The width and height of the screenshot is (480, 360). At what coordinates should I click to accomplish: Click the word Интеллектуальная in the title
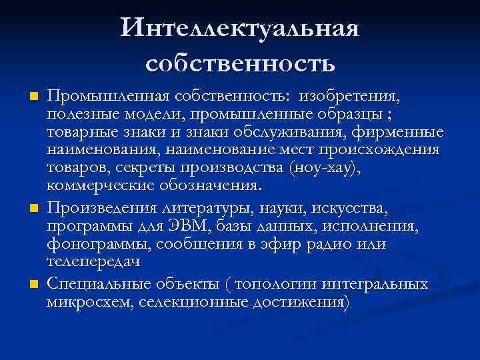[x=240, y=29]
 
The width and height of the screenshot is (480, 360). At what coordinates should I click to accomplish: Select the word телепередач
[x=93, y=263]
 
